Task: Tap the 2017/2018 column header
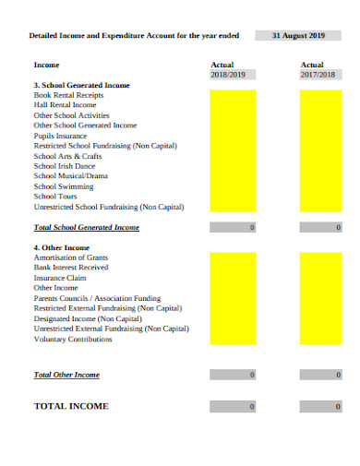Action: [x=320, y=75]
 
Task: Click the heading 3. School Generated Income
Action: [x=82, y=85]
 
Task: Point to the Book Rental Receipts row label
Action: [x=68, y=95]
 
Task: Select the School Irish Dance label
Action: [x=65, y=165]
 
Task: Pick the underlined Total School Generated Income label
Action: [x=86, y=227]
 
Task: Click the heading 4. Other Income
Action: [x=62, y=247]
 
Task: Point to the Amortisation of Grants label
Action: [x=71, y=257]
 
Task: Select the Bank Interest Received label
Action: [x=71, y=268]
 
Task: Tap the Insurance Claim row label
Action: [x=61, y=278]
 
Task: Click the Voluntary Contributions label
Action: [x=73, y=339]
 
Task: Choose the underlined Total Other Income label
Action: [x=66, y=375]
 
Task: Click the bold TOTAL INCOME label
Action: [x=71, y=406]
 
